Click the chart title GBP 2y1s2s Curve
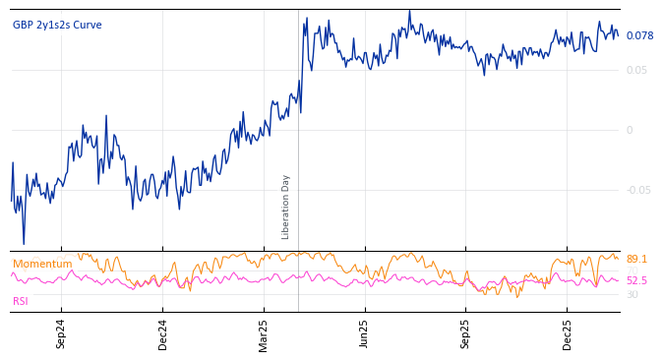tap(57, 25)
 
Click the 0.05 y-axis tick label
tap(636, 70)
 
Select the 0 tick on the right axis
tap(630, 130)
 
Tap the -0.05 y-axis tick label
tap(637, 190)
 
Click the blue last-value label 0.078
tap(639, 36)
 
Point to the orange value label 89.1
tap(636, 259)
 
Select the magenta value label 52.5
tap(636, 281)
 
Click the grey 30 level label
tap(632, 294)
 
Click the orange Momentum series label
tap(42, 264)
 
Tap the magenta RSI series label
tap(20, 301)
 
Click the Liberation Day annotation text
tap(286, 207)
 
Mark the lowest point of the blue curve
tap(24, 244)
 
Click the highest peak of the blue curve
tap(409, 11)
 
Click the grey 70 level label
tap(632, 270)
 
